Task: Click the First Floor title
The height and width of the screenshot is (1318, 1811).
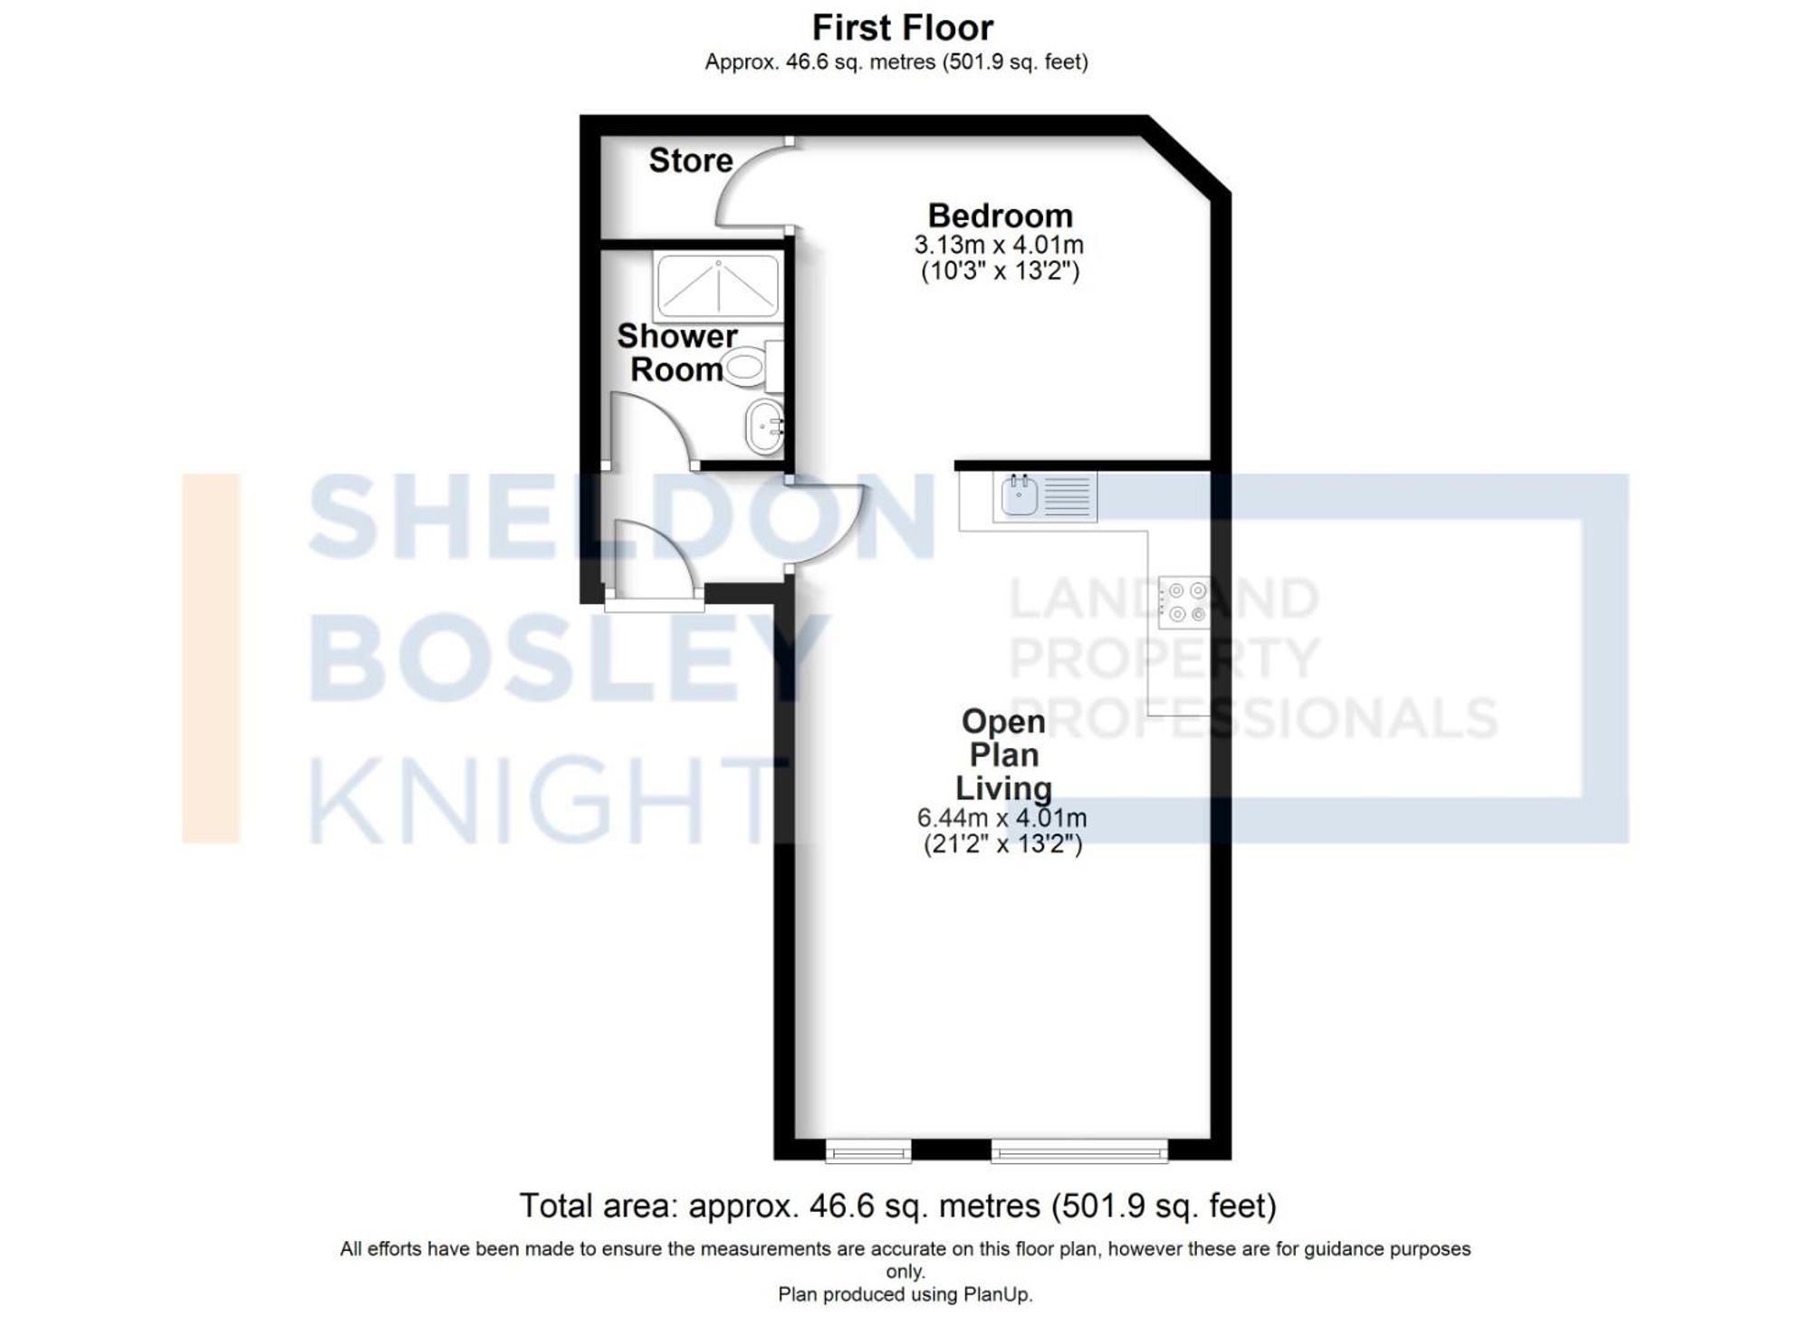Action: [x=902, y=28]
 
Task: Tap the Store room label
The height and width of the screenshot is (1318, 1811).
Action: [x=690, y=160]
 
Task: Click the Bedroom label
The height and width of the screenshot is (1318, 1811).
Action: [x=1000, y=216]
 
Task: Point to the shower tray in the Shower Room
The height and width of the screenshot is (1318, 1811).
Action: [x=716, y=285]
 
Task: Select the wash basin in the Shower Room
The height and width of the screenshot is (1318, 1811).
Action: [x=764, y=426]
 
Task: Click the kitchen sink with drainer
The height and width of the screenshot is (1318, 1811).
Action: [x=1045, y=496]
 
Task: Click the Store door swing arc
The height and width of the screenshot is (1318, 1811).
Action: [x=744, y=186]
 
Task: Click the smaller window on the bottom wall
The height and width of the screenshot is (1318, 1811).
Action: [x=867, y=1151]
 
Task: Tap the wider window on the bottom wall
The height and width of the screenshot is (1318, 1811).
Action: [x=1079, y=1151]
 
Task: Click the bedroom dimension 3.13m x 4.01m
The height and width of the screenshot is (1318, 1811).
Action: [x=998, y=245]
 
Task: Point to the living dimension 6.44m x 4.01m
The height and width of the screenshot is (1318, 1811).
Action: [x=1001, y=818]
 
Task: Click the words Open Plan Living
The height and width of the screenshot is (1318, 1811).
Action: [x=1003, y=755]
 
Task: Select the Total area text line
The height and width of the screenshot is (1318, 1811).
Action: [x=896, y=1206]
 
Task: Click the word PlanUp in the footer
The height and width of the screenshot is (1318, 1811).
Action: [x=995, y=1294]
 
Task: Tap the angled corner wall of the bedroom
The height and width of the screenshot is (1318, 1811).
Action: [x=1188, y=156]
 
